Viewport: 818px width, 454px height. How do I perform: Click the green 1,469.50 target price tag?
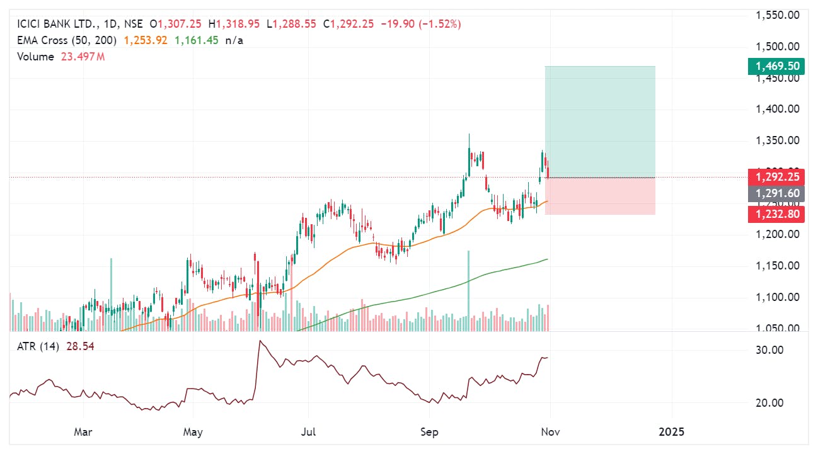click(776, 66)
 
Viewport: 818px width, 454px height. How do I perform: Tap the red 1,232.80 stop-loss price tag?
click(776, 214)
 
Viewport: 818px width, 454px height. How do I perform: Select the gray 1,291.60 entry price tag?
click(776, 194)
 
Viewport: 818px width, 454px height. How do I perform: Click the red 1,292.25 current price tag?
click(776, 178)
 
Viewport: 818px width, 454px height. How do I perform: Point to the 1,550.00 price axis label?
click(777, 14)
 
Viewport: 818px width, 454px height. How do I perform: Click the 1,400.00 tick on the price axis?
click(777, 109)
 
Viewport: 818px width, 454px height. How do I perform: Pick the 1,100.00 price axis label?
click(777, 297)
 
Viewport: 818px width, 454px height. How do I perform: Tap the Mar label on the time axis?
click(83, 433)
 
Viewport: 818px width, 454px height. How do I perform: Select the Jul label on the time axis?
click(308, 433)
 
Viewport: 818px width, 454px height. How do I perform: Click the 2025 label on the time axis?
click(671, 433)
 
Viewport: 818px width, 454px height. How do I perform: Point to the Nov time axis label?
click(550, 433)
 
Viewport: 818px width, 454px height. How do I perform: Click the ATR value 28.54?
click(83, 346)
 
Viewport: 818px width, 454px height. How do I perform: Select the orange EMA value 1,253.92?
click(146, 40)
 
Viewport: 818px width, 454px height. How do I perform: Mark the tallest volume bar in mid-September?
click(468, 290)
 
